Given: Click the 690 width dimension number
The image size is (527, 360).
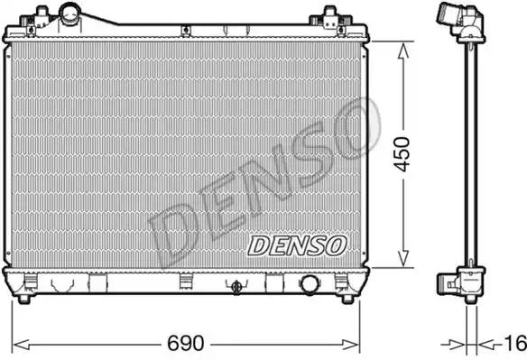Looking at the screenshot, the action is pos(186,343).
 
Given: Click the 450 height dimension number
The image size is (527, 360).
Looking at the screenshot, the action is pos(402,154).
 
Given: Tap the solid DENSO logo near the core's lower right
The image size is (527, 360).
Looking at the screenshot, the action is pos(297,245).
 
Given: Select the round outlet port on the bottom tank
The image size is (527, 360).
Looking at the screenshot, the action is pos(310,284).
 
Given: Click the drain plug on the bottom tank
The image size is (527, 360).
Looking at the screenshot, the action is pos(236,287).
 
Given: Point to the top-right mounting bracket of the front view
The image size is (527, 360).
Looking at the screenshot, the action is pos(330,20).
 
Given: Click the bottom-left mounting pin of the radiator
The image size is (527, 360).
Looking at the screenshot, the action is pos(23,299).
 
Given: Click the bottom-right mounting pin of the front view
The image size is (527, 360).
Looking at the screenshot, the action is pos(347,299).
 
